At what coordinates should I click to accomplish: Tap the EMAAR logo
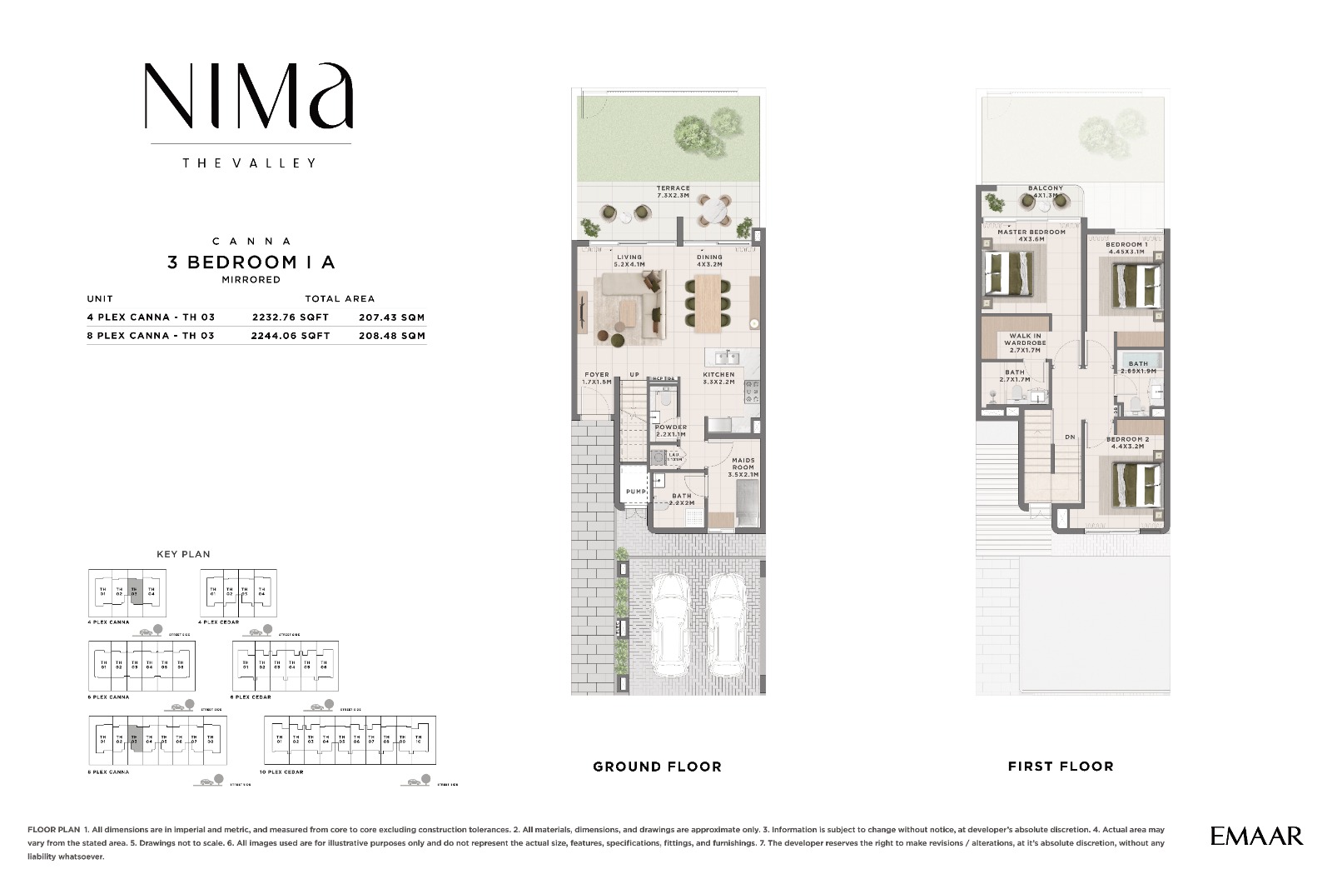[x=1256, y=836]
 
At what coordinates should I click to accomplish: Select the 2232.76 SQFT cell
[x=291, y=317]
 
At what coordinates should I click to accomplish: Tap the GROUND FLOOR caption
[x=657, y=767]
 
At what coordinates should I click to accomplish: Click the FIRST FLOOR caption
[x=1060, y=767]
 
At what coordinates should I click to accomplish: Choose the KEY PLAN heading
[x=183, y=554]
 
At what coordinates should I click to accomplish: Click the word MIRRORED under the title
[x=251, y=280]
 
